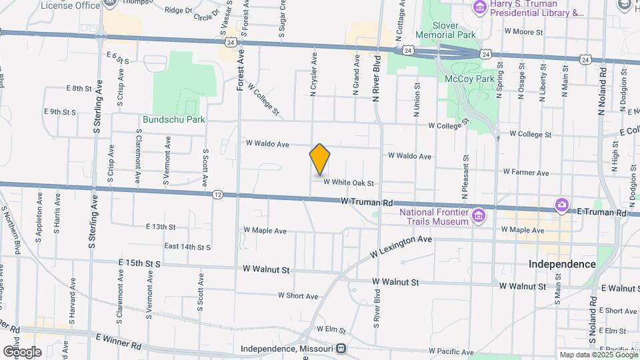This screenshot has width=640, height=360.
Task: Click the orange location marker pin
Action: [320, 159]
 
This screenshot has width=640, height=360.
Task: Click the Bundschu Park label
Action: [173, 119]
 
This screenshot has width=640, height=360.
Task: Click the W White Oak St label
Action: [349, 183]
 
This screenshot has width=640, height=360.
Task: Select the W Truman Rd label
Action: [365, 201]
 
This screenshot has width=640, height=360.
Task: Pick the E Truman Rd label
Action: [601, 212]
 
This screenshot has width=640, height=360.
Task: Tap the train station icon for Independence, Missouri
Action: [341, 349]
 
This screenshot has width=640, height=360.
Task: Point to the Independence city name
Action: [562, 264]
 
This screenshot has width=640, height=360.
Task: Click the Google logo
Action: [22, 351]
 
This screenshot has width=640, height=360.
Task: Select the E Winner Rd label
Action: [119, 342]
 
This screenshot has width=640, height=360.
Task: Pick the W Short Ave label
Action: [298, 295]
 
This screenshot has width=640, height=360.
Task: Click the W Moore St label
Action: [524, 31]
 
